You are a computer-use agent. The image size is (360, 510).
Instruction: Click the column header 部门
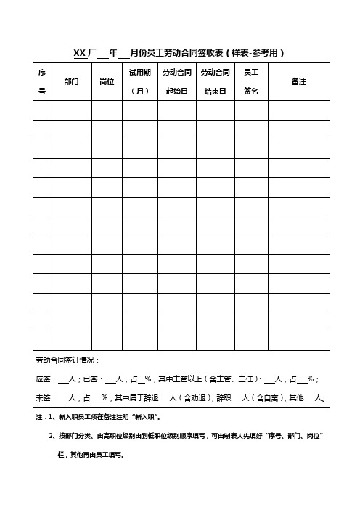(72, 82)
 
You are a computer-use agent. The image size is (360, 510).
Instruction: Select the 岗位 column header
(107, 82)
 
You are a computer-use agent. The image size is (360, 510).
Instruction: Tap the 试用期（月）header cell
(139, 82)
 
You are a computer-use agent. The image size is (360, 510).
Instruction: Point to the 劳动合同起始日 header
(176, 82)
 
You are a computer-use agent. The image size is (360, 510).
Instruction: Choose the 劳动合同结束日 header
(216, 82)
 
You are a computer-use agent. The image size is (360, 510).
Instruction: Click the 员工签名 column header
(252, 82)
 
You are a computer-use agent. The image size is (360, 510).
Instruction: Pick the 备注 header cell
(298, 82)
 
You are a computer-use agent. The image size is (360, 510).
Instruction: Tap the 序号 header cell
(41, 82)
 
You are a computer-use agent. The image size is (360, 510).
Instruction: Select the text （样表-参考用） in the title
(255, 52)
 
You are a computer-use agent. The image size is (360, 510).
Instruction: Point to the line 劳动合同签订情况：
(68, 360)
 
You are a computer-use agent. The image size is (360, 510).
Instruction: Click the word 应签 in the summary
(43, 379)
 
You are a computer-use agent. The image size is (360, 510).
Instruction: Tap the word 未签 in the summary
(43, 398)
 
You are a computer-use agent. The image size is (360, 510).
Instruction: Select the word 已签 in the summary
(91, 379)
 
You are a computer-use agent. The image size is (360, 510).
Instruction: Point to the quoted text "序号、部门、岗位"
(295, 437)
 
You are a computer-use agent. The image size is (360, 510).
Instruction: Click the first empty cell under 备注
(298, 110)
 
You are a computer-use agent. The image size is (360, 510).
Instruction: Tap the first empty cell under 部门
(72, 110)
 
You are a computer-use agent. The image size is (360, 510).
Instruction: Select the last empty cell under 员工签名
(252, 339)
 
